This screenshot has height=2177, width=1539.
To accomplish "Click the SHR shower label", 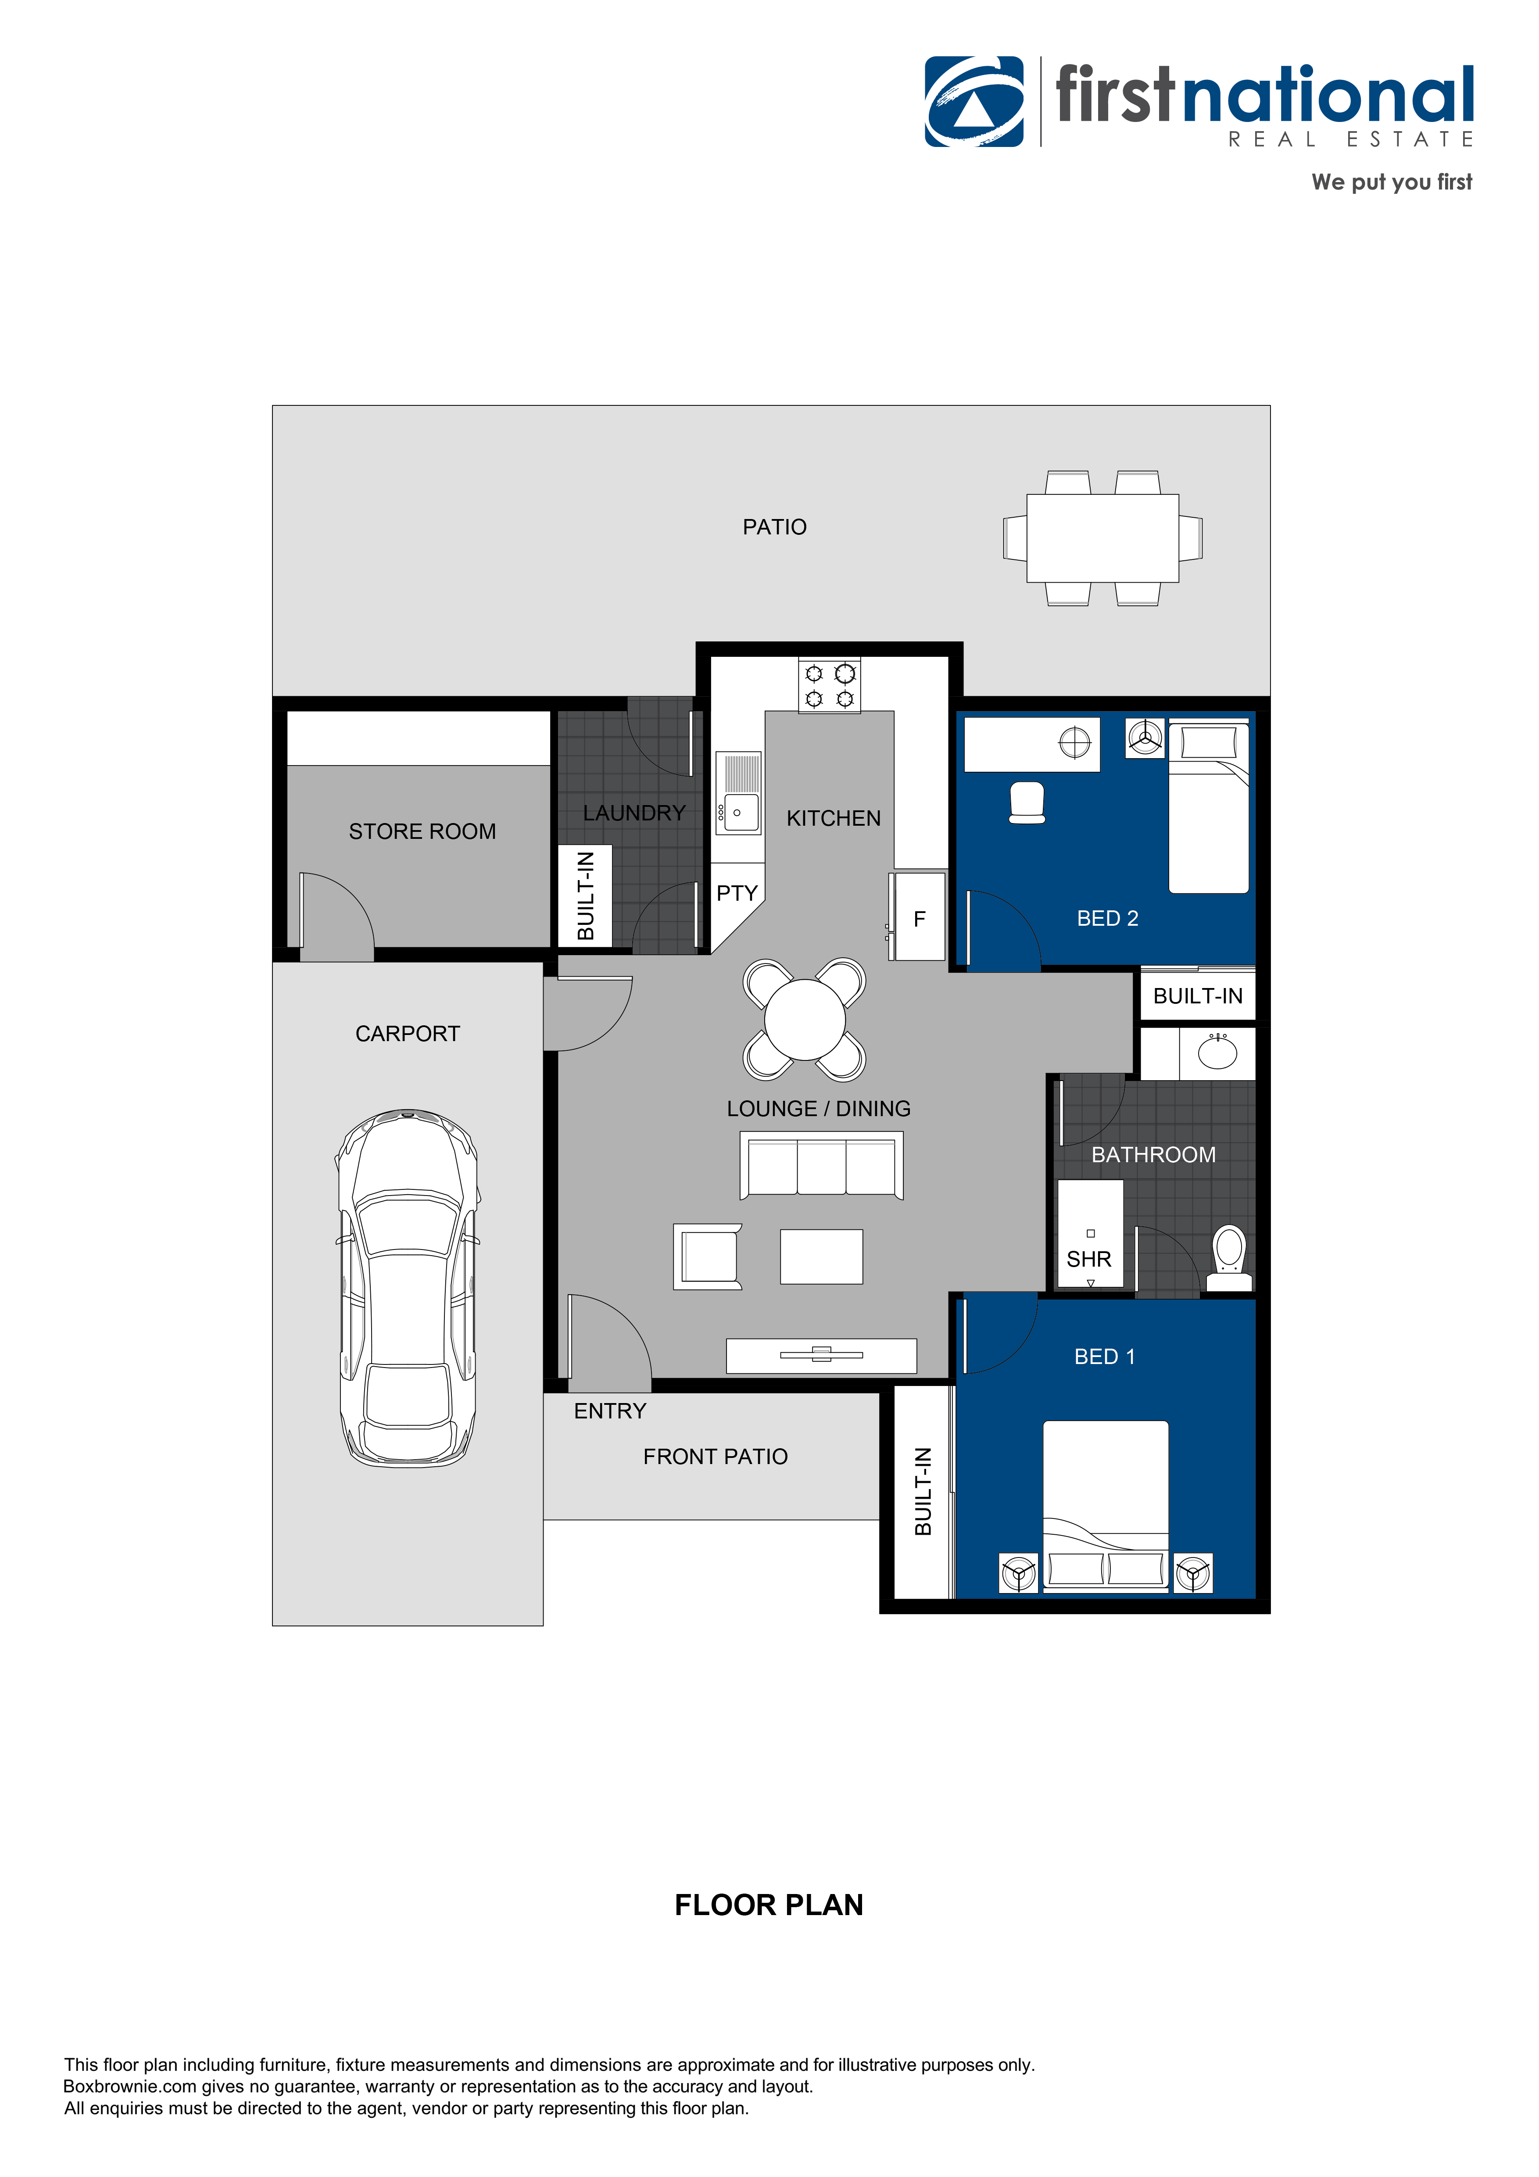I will pos(1088,1259).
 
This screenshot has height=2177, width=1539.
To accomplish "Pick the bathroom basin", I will pos(1217,1053).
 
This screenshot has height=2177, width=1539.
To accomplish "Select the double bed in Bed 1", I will pos(1106,1503).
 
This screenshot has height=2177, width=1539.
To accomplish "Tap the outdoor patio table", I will pos(1103,537).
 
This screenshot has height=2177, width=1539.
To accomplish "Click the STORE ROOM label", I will pos(422,831).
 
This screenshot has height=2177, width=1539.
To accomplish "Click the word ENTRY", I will pos(610,1411).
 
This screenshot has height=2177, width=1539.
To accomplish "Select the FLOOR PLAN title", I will pos(768,1905).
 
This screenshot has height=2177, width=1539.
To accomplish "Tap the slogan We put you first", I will pos(1391,182).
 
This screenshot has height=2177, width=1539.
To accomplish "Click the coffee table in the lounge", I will pos(821,1257).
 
